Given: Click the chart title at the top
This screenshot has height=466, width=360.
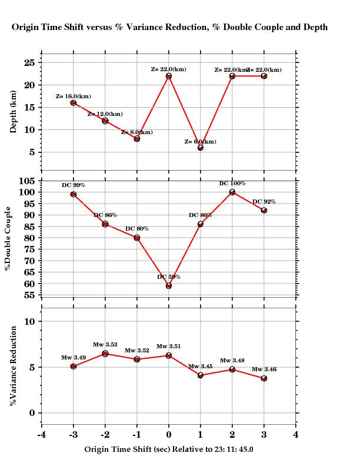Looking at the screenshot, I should click(169, 27).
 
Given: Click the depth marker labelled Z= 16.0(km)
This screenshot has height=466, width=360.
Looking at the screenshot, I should click(74, 103).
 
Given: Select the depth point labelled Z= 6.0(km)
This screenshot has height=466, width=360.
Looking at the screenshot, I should click(201, 148).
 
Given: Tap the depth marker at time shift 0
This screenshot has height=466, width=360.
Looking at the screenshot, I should click(169, 76).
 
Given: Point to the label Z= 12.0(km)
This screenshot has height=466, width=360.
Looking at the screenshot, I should click(105, 114).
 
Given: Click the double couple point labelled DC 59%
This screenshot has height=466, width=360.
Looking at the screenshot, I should click(169, 285).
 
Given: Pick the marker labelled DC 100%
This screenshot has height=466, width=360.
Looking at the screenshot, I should click(232, 192).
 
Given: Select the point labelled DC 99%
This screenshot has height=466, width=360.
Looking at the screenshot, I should click(74, 194).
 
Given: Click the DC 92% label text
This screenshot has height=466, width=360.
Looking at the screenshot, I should click(264, 202).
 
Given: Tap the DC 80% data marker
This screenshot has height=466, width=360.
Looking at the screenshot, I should click(137, 238).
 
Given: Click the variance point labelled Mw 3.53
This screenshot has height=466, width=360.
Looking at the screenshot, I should click(105, 354).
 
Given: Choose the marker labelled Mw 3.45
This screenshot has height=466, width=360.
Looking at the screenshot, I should click(201, 375).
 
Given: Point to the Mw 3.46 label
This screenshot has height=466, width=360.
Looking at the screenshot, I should click(264, 370).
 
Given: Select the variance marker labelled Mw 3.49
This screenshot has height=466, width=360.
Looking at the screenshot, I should click(74, 366).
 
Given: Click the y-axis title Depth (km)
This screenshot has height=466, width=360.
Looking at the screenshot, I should click(14, 112).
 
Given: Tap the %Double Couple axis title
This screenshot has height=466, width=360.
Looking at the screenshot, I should click(8, 238).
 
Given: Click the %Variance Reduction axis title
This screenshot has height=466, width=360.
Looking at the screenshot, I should click(14, 365).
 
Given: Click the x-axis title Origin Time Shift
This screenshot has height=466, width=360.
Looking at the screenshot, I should click(169, 449).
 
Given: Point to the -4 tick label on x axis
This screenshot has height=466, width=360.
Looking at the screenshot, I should click(41, 435).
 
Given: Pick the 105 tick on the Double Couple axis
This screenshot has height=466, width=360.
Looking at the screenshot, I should click(27, 181).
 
